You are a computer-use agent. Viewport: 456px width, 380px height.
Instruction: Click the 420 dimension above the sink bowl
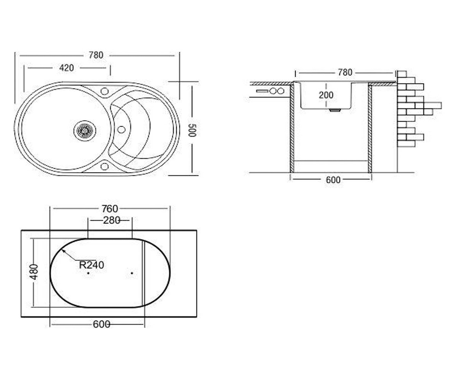(66, 68)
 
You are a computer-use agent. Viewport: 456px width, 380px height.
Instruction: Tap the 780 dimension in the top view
(96, 55)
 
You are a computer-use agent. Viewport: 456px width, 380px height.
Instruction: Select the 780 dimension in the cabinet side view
(345, 73)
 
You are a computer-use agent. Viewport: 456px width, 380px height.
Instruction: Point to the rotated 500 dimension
(192, 130)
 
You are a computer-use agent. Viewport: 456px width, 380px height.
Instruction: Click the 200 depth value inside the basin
(326, 95)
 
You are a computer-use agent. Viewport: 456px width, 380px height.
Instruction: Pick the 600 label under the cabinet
(333, 180)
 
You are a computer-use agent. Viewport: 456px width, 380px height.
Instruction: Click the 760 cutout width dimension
(110, 209)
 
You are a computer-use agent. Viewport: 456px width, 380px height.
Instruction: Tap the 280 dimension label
(112, 220)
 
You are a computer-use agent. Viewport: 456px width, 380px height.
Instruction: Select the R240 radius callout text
(92, 265)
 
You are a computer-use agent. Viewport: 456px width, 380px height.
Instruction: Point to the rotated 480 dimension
(34, 272)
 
